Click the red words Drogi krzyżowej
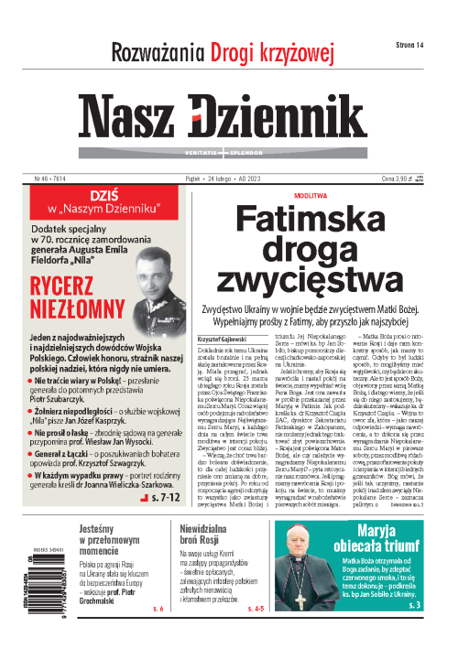[x=280, y=49]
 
